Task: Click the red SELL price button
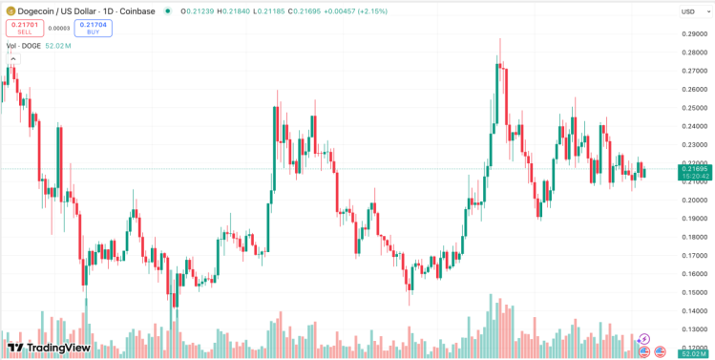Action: pos(23,28)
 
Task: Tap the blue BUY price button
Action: pos(94,28)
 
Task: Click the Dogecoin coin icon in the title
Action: pos(11,11)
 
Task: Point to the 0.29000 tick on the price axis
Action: pos(693,33)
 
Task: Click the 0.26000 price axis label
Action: pos(693,89)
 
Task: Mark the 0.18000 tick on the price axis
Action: pos(693,237)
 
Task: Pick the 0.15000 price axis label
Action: pos(693,292)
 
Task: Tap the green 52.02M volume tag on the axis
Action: pos(693,353)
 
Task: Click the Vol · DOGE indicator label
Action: pos(24,46)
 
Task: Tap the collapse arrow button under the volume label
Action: pos(13,59)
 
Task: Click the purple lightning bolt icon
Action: pos(644,339)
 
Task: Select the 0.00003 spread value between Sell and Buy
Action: pos(58,28)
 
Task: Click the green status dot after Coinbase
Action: pos(168,11)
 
